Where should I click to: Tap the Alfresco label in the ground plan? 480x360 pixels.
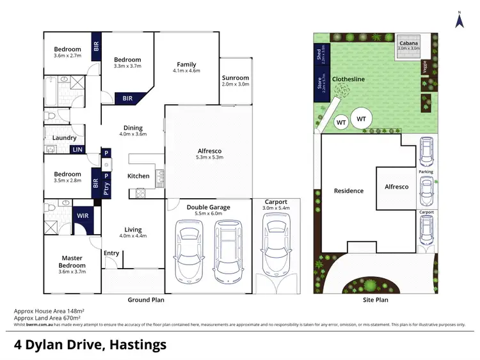(x=209, y=151)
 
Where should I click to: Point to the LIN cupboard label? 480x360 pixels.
(x=77, y=150)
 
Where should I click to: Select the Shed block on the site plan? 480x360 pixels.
(x=318, y=56)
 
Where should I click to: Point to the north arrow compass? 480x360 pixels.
(x=459, y=20)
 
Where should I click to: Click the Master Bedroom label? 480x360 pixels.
(x=72, y=262)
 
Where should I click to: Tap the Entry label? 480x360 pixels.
(x=111, y=253)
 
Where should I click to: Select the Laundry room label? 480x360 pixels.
(x=65, y=137)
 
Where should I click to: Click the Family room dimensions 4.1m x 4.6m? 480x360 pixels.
(x=187, y=71)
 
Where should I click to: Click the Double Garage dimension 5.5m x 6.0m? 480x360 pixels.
(x=209, y=214)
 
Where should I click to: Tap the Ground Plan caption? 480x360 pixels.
(x=147, y=299)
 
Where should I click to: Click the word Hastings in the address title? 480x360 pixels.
(x=136, y=345)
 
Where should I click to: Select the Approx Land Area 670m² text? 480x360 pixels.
(x=51, y=318)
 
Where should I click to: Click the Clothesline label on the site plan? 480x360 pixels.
(x=348, y=79)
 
